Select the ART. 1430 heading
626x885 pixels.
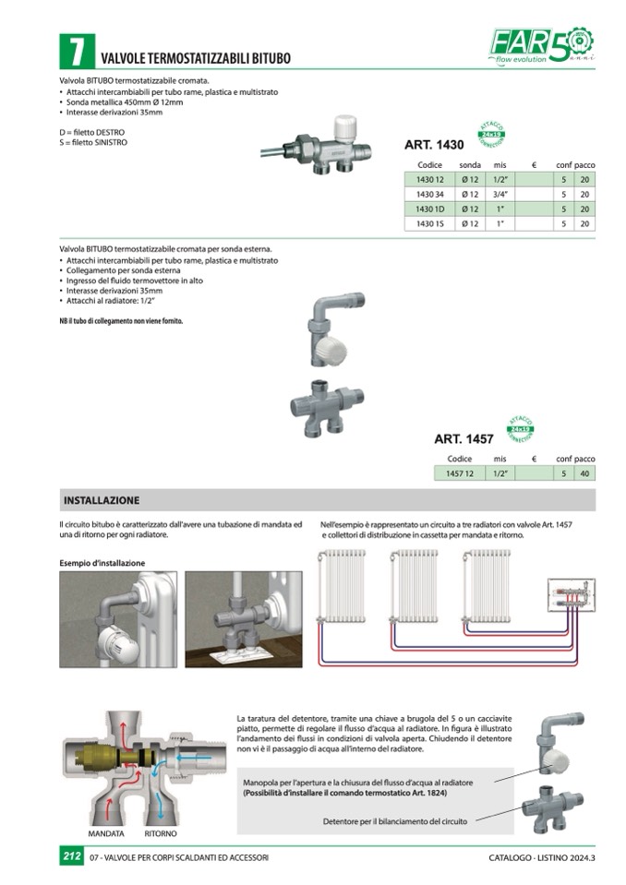[x=434, y=145]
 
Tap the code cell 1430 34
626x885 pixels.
[x=430, y=194]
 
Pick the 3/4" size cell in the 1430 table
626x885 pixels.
[x=500, y=194]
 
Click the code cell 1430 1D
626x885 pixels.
[x=430, y=209]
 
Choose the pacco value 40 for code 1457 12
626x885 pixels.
[x=584, y=473]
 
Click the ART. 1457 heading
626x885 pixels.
[x=463, y=439]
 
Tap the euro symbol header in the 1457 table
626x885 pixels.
[x=534, y=459]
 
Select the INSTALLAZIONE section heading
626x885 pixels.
[x=102, y=500]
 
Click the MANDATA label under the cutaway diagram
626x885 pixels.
[x=106, y=832]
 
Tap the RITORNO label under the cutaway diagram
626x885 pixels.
[x=161, y=832]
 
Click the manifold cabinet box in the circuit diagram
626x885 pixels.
[x=574, y=595]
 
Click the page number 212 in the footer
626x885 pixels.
[x=72, y=857]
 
